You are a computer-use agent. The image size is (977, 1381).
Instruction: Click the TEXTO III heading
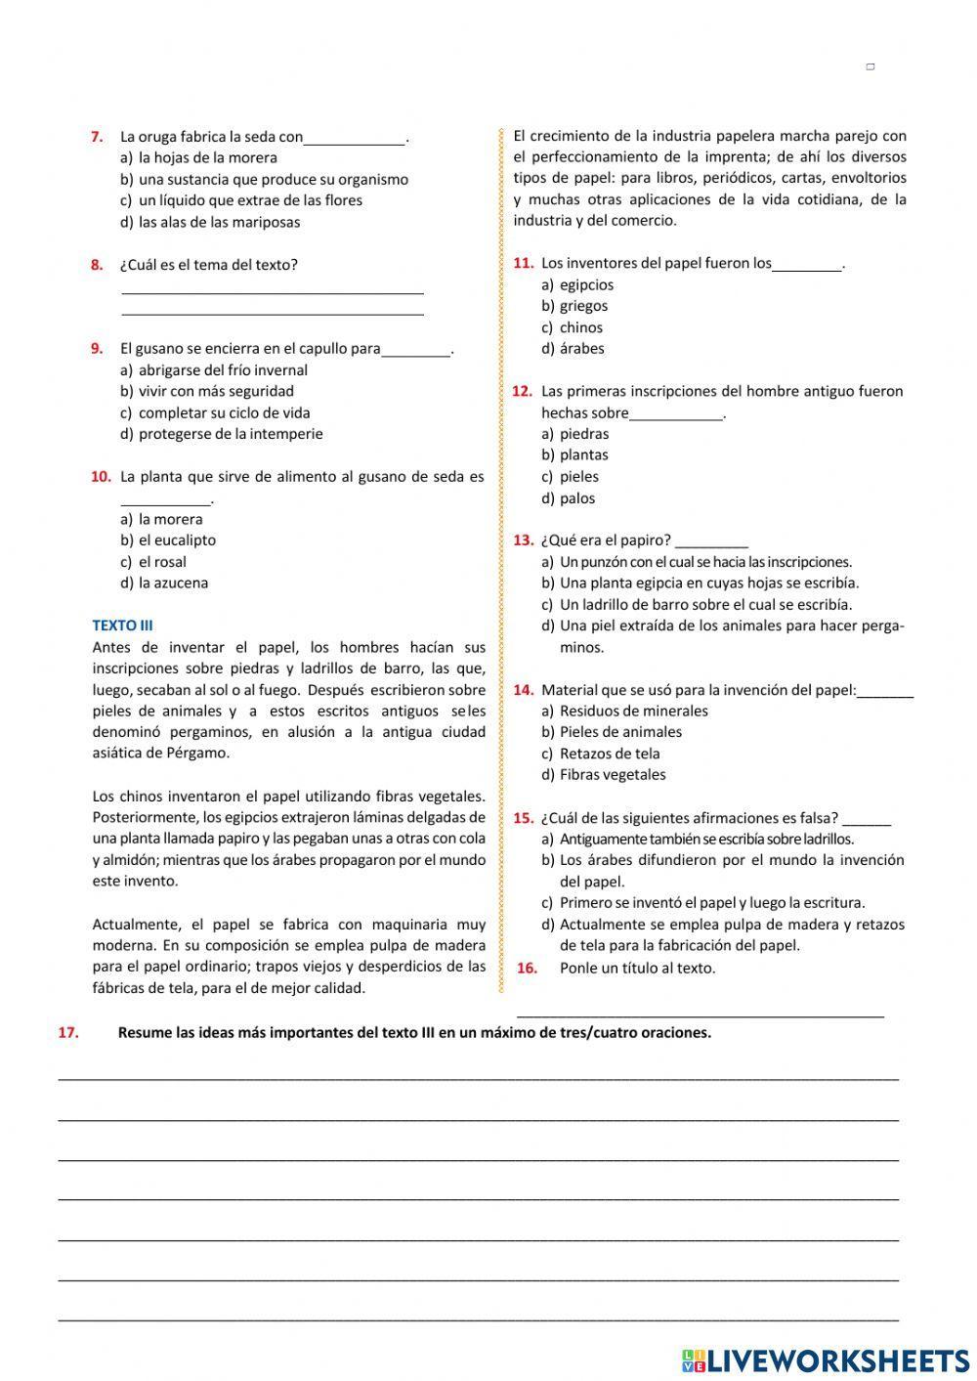coord(122,626)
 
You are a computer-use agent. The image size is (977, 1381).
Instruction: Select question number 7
coord(97,137)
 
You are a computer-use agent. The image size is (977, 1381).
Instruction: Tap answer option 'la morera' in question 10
coord(170,519)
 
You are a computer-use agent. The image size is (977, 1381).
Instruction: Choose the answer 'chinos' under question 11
coord(580,327)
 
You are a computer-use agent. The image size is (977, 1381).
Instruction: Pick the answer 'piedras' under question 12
coord(583,434)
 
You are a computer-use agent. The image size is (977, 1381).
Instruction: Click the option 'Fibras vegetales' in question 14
coord(612,775)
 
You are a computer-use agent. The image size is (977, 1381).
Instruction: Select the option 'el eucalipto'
coord(177,540)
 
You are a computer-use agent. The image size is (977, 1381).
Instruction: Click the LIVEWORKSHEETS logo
coord(826,1359)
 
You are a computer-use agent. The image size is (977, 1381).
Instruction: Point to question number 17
coord(68,1033)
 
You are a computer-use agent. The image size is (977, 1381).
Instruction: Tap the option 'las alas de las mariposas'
coord(219,222)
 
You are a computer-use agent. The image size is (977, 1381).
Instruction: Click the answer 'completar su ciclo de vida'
coord(224,412)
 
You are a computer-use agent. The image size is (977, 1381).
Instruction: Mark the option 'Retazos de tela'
coord(609,754)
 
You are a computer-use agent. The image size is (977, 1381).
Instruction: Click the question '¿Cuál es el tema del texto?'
coord(208,265)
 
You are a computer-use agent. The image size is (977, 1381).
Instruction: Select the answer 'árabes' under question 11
coord(581,349)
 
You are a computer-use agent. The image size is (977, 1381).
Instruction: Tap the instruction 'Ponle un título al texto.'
coord(637,969)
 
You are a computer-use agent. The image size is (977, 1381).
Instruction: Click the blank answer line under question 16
coord(699,1013)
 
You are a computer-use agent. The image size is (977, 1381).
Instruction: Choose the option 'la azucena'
coord(173,583)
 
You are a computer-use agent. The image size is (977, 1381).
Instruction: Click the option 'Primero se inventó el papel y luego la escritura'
coord(711,903)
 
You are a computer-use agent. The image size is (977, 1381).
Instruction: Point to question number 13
coord(523,540)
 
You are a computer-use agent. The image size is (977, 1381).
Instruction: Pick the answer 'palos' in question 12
coord(576,498)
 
